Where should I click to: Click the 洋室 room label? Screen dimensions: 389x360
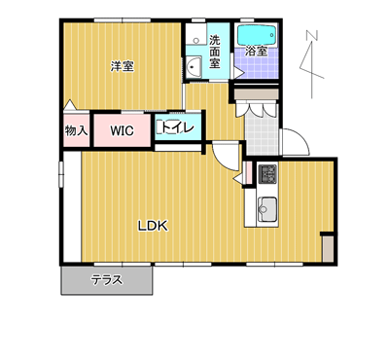coord(122,66)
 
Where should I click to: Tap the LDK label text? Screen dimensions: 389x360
coord(153,226)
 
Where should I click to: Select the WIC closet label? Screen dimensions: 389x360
coord(122,130)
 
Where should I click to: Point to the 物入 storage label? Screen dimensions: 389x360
coord(76,130)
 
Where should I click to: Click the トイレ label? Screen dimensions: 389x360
coord(178,127)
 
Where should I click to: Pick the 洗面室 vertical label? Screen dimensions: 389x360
coord(214,52)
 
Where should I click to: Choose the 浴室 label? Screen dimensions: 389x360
coord(256,51)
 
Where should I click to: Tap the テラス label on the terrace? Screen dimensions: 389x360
coord(107,279)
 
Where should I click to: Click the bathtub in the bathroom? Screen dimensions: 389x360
coord(257,35)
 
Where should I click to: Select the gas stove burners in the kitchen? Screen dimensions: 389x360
coord(267,174)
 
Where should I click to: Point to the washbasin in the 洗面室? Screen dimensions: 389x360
coord(194,67)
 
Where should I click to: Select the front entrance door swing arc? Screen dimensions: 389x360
coord(297,142)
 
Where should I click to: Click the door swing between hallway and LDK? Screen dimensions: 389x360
coord(226,157)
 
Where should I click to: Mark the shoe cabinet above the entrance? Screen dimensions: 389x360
coord(256,94)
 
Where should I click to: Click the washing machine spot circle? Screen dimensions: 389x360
coord(195,41)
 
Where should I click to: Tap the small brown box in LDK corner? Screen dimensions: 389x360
coord(328,249)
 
